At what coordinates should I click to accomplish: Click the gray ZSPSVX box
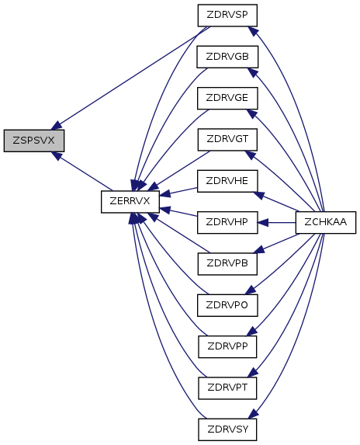tap(34, 141)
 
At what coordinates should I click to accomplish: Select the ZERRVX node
tap(130, 201)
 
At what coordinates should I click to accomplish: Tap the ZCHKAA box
tap(325, 222)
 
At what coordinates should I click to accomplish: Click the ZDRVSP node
tap(227, 16)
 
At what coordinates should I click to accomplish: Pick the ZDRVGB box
tap(227, 57)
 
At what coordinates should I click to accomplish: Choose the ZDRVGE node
tap(227, 98)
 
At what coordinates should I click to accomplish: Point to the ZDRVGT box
tap(227, 140)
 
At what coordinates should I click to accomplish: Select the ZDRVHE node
tap(227, 181)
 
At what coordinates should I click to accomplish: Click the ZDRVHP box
tap(227, 222)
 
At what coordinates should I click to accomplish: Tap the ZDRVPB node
tap(227, 264)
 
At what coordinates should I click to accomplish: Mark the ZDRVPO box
tap(227, 305)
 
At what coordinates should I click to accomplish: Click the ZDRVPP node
tap(227, 347)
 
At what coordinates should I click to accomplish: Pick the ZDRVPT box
tap(227, 388)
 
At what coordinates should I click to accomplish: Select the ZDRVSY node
tap(227, 429)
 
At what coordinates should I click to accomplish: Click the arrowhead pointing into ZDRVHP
tap(263, 223)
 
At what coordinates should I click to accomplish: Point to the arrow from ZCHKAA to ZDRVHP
tap(277, 223)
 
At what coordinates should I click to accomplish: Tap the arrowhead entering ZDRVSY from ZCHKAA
tap(253, 413)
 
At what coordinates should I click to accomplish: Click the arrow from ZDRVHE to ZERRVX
tap(178, 192)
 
